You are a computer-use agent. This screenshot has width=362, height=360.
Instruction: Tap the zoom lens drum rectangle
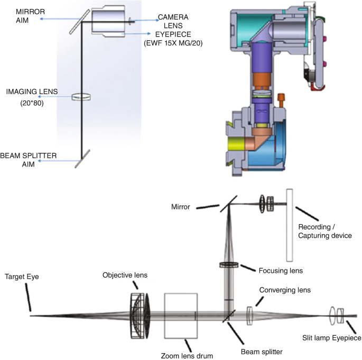(181, 316)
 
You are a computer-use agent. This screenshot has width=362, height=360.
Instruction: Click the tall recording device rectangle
(289, 225)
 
